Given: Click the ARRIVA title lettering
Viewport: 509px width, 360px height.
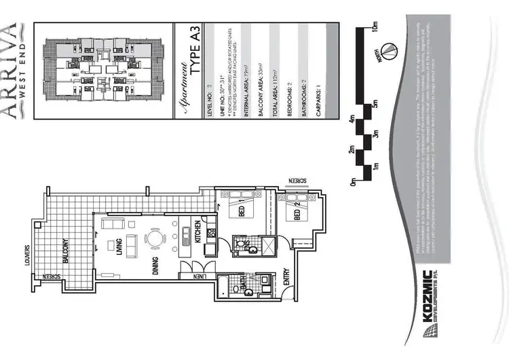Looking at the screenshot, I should pos(9,71).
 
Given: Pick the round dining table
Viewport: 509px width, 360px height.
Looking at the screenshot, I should pos(157,238).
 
